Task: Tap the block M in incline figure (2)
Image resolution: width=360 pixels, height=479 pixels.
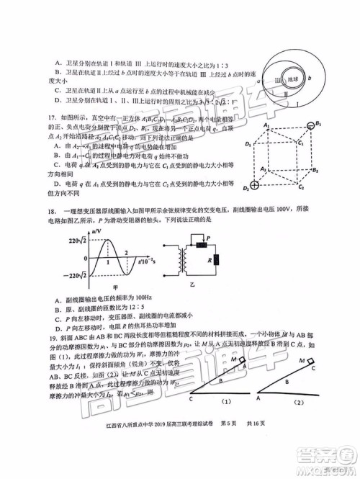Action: [310, 362]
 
